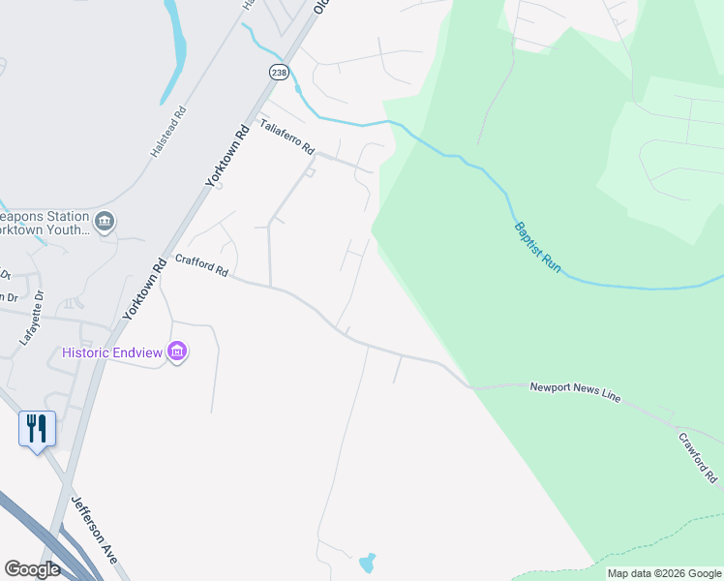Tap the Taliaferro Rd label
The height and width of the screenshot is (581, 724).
287,138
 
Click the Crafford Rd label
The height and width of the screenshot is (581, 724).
201,265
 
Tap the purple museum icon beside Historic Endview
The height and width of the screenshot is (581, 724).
177,352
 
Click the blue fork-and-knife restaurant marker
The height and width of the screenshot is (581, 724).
37,428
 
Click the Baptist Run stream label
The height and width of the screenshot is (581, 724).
536,246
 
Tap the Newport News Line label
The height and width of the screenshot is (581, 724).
574,392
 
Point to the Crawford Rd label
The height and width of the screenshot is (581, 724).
697,458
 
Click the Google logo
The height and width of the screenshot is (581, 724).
33,569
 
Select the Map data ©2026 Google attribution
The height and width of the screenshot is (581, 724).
664,573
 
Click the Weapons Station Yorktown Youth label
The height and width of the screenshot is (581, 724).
45,224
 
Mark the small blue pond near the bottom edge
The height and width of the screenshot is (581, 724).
367,563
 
